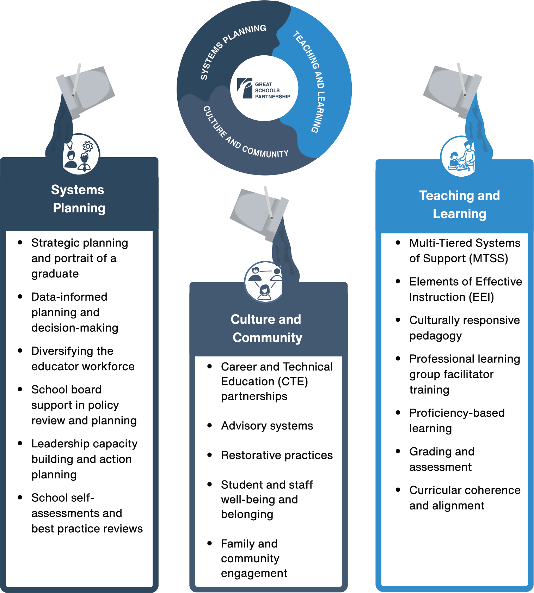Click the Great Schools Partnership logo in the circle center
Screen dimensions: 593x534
[x=264, y=88]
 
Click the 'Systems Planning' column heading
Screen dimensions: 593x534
[x=78, y=199]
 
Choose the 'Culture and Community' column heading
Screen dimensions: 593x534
[x=267, y=328]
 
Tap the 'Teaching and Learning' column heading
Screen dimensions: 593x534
[x=459, y=204]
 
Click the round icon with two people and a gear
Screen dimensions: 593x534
[x=81, y=154]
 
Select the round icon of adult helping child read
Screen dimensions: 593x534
[x=460, y=157]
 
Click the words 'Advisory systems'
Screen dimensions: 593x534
[x=267, y=426]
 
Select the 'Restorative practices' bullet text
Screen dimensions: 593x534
[x=277, y=455]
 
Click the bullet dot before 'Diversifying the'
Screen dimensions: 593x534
[x=20, y=351]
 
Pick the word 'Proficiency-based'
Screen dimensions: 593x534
[x=457, y=413]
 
